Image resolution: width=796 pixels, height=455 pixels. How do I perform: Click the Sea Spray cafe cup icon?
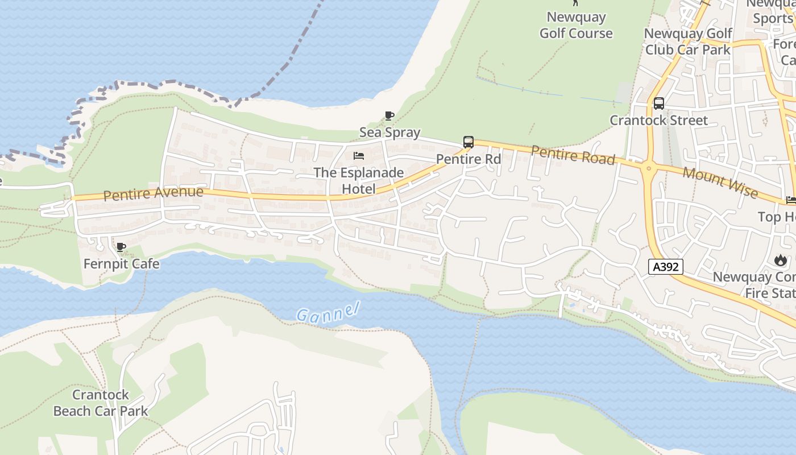tap(389, 116)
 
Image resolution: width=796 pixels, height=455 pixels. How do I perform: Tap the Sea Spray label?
tap(389, 133)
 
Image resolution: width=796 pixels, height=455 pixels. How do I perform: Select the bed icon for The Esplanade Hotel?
tap(359, 156)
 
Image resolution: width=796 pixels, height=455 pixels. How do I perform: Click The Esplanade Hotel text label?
tap(359, 180)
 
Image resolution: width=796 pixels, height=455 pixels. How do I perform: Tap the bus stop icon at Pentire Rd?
tap(469, 142)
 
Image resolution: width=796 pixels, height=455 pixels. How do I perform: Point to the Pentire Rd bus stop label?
tap(469, 159)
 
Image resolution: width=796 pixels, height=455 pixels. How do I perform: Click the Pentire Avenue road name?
tap(153, 193)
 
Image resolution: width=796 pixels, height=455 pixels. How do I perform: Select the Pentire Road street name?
tap(573, 155)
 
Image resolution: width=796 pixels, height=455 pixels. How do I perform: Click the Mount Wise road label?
tap(720, 182)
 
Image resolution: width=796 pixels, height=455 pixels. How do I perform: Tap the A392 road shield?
tap(665, 266)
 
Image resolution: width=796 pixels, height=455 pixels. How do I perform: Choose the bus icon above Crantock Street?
tap(659, 104)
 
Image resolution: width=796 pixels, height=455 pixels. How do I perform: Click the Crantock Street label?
tap(659, 121)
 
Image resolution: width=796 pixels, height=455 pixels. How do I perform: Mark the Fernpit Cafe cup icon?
tap(121, 247)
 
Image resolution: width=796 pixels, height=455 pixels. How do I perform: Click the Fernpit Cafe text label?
tap(121, 264)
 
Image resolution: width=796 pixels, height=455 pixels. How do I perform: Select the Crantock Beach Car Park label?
tap(101, 403)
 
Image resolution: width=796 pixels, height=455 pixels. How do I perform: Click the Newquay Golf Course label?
tap(576, 25)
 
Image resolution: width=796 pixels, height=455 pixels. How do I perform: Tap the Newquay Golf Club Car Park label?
tap(688, 42)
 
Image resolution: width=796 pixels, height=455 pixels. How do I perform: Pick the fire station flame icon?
tap(779, 260)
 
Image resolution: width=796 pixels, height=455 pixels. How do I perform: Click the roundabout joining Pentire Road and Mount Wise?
tap(648, 167)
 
